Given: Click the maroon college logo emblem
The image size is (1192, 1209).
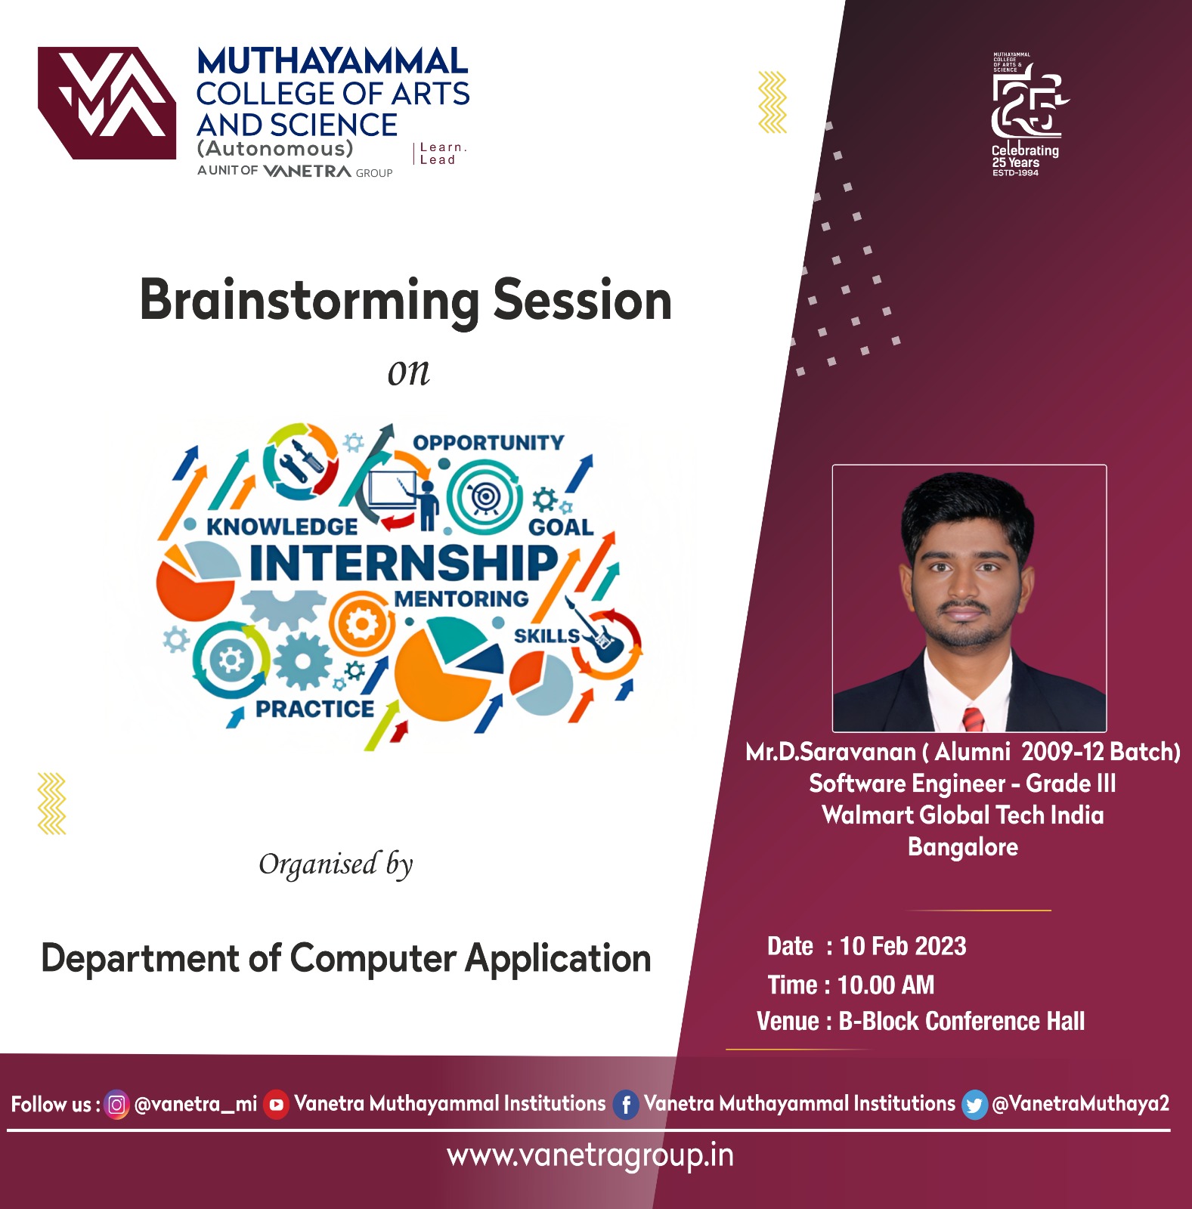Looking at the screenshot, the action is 107,103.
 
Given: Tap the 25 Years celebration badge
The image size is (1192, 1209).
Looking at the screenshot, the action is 1026,115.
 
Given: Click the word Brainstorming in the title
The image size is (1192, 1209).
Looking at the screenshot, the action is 310,301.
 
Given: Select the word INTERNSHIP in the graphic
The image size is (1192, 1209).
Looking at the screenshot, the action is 404,563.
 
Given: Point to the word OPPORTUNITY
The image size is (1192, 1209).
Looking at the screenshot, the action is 488,442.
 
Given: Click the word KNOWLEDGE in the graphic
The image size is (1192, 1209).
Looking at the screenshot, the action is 282,526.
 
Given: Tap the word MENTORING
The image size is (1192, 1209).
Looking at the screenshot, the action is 461,598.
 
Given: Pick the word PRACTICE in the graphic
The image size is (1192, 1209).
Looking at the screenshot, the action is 314,709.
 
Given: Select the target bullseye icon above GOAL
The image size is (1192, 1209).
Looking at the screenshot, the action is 485,497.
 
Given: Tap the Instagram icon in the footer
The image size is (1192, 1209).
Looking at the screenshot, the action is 116,1105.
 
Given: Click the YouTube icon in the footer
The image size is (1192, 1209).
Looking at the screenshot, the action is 277,1105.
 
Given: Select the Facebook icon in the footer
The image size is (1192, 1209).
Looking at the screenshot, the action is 626,1105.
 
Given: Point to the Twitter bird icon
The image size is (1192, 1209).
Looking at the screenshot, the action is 974,1105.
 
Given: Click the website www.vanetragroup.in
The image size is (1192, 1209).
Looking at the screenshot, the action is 590,1156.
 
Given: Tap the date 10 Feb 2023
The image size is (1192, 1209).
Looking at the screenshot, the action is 903,946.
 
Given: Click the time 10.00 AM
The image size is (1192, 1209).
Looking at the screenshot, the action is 886,985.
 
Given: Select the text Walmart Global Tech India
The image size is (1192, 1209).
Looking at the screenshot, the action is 962,815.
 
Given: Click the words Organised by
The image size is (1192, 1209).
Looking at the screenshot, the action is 336,864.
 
